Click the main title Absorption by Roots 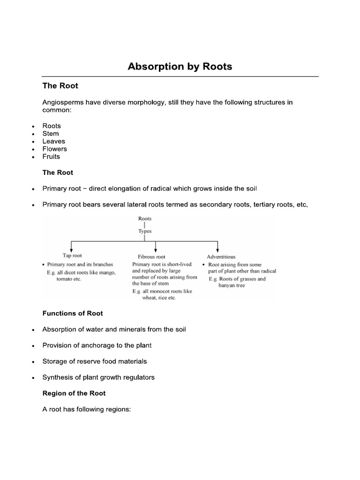tap(180, 67)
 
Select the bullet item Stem tap(51, 134)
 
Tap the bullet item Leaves tap(54, 141)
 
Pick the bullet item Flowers tap(55, 149)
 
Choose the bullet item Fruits tap(52, 157)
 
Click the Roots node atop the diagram tap(145, 218)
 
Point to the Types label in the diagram tap(145, 231)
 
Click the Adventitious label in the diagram tap(221, 257)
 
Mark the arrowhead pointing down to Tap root tap(70, 250)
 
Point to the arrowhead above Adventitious tap(217, 250)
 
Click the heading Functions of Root tap(73, 313)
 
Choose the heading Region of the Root tap(74, 393)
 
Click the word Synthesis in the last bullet tap(58, 377)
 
